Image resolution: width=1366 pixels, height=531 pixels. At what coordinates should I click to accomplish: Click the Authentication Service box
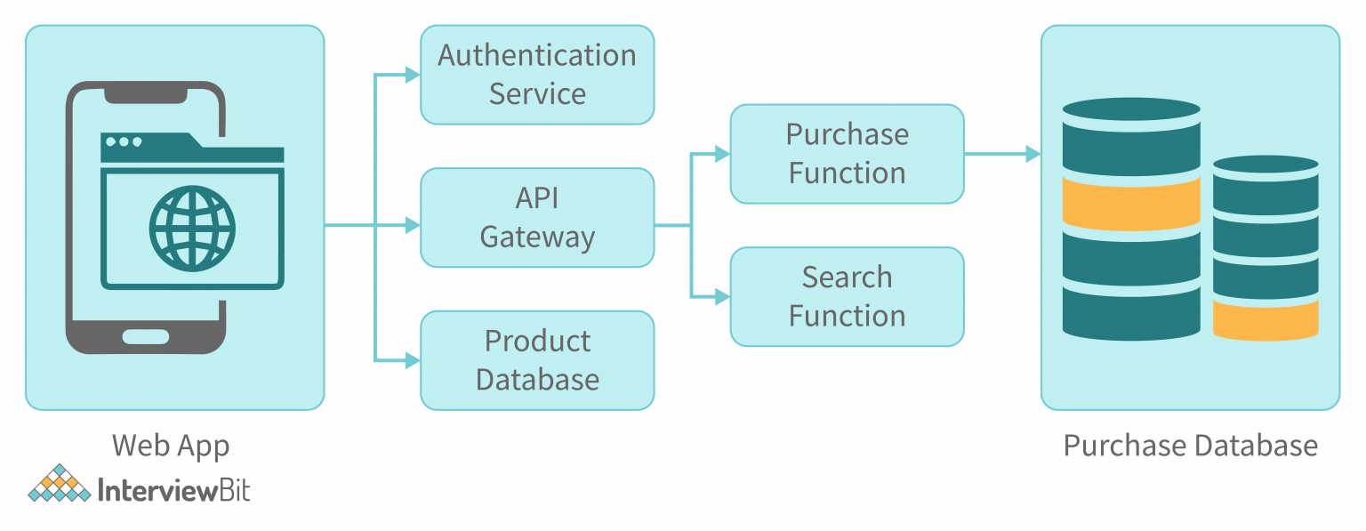[x=537, y=75]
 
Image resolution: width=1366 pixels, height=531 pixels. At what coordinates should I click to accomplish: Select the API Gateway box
[x=537, y=217]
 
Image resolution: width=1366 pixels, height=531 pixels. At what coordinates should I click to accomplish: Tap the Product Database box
[x=537, y=360]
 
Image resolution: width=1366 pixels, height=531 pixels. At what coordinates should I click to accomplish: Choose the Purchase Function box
[x=847, y=154]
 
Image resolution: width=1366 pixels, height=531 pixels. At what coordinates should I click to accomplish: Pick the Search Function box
[x=847, y=296]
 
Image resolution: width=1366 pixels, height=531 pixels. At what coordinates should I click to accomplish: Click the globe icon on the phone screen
[x=192, y=227]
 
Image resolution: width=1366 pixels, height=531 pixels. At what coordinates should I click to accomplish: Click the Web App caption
[x=171, y=446]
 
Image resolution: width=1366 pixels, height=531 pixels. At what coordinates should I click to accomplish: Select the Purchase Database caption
[x=1190, y=446]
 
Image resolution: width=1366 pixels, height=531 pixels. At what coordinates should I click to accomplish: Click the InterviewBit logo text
[x=173, y=491]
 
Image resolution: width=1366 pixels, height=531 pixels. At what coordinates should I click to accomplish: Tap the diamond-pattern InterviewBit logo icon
[x=60, y=484]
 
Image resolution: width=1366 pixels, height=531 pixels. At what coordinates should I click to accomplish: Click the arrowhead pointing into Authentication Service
[x=413, y=76]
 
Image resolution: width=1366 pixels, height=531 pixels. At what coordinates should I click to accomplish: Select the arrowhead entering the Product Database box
[x=413, y=360]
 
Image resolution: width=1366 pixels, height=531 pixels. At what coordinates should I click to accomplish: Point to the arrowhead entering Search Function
[x=723, y=297]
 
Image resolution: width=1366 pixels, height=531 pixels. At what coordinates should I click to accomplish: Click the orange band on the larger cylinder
[x=1131, y=202]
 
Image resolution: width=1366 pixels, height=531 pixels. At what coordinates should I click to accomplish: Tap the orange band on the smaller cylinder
[x=1265, y=320]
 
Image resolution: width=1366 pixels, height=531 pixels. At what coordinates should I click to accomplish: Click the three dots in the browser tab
[x=123, y=141]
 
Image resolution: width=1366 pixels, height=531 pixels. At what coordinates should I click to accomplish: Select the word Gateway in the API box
[x=537, y=237]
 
